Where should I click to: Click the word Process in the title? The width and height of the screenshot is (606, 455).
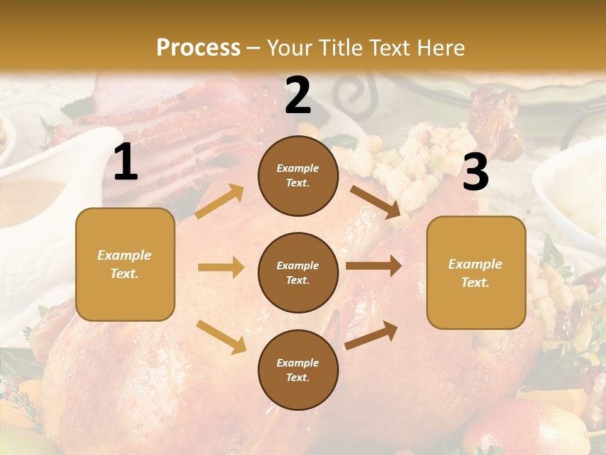pyautogui.click(x=198, y=47)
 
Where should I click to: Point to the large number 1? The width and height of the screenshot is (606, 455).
pyautogui.click(x=126, y=162)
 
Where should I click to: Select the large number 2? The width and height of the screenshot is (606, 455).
pyautogui.click(x=298, y=95)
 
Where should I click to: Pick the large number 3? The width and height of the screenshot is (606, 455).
pyautogui.click(x=475, y=173)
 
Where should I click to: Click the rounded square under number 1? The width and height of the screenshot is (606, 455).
pyautogui.click(x=125, y=264)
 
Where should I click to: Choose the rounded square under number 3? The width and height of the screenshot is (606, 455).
pyautogui.click(x=476, y=272)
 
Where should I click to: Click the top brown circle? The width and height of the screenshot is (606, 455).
pyautogui.click(x=298, y=176)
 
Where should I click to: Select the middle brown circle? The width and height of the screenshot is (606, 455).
pyautogui.click(x=298, y=272)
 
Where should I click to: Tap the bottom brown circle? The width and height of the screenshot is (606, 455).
pyautogui.click(x=298, y=370)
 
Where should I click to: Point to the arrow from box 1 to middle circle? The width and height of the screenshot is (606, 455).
pyautogui.click(x=221, y=267)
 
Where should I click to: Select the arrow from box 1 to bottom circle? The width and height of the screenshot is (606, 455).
pyautogui.click(x=221, y=336)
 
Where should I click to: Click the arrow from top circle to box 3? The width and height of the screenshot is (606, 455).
pyautogui.click(x=376, y=202)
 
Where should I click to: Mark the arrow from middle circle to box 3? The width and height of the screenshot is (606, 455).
pyautogui.click(x=374, y=266)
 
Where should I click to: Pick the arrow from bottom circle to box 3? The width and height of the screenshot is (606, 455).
pyautogui.click(x=371, y=336)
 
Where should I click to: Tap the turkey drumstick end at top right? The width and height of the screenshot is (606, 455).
pyautogui.click(x=499, y=104)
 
